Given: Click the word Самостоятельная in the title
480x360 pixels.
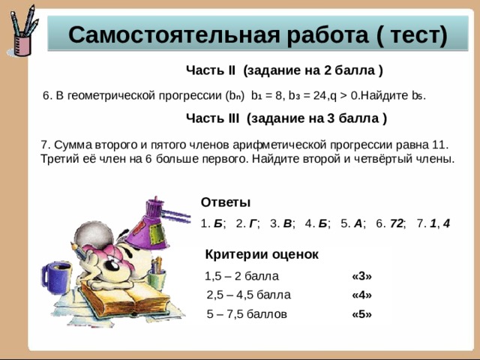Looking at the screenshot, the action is coord(173,35).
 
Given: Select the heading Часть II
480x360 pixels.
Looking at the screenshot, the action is coord(211,70).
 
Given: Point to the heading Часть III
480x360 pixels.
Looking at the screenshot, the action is coord(212,118).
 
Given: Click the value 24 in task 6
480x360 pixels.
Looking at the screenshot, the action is coord(319,96).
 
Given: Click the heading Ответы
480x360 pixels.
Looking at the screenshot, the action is coord(226,202).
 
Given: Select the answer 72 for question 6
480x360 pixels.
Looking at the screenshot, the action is coord(397,223).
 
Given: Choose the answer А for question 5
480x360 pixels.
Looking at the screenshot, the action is coord(358,223).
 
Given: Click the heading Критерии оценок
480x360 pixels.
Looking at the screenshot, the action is coord(262,254).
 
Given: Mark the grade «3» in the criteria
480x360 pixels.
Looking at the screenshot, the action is coord(361,276).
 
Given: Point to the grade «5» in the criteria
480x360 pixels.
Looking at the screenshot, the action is coord(361,314).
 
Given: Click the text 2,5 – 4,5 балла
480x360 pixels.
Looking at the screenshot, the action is coord(248,295).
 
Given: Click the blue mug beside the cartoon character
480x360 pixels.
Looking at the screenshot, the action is coord(57,278).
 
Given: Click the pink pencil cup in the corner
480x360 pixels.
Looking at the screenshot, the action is coord(22,45).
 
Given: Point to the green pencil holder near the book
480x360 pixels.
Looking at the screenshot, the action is coord(157,278).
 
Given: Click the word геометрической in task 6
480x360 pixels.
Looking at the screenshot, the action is coord(112,96).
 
